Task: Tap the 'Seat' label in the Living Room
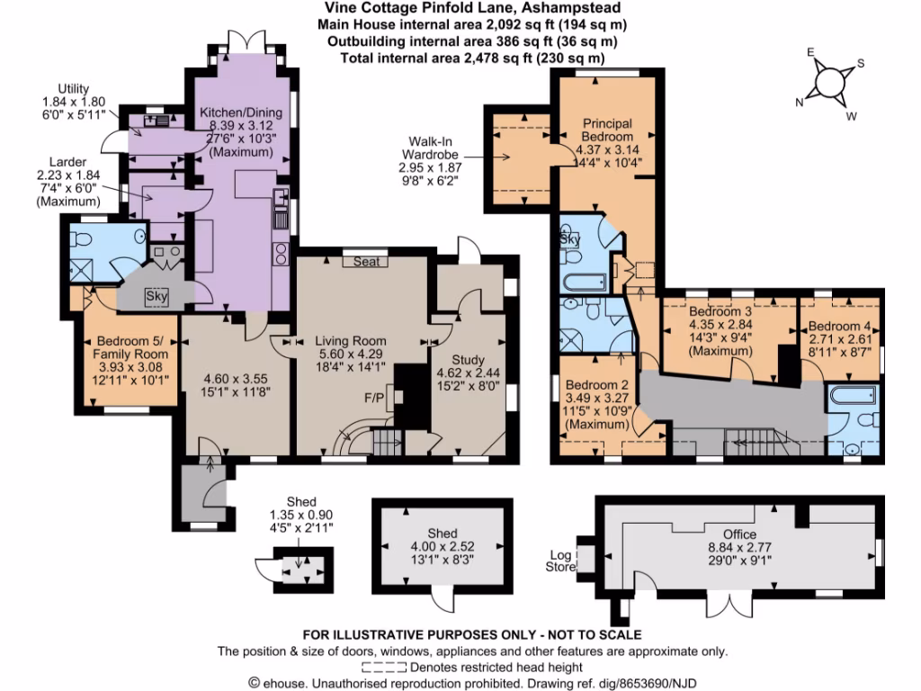(364, 261)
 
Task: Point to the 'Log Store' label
(559, 561)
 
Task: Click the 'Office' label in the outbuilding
(741, 533)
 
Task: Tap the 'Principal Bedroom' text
(607, 130)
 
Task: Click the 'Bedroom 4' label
(838, 327)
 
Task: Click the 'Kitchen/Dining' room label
(238, 112)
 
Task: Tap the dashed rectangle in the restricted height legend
(385, 668)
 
